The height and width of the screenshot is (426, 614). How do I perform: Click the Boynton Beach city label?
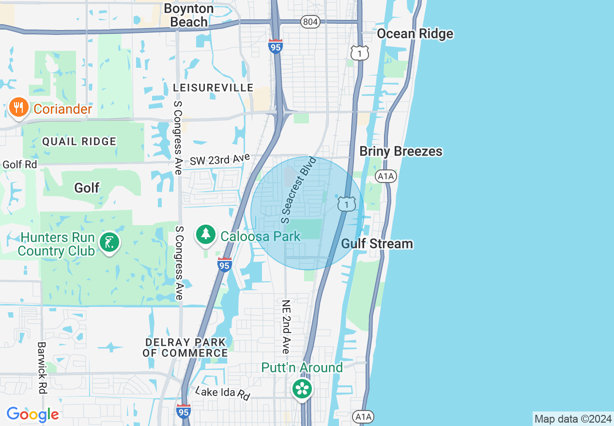click(x=189, y=15)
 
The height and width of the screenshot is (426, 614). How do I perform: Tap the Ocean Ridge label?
click(x=415, y=33)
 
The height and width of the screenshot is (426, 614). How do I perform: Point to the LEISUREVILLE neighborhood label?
click(x=213, y=88)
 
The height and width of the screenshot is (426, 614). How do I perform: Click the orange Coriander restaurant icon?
click(x=18, y=107)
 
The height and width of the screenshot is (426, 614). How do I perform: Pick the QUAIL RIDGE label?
click(x=79, y=141)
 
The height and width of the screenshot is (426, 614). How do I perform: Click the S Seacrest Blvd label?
click(x=298, y=190)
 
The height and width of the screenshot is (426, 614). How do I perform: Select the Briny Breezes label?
click(x=401, y=152)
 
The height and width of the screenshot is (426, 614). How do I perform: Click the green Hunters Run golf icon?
click(x=109, y=242)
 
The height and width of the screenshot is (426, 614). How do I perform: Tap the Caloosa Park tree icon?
click(x=206, y=234)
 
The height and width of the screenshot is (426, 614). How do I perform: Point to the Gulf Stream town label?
click(x=377, y=243)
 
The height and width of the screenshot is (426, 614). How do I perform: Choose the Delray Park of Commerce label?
click(x=185, y=348)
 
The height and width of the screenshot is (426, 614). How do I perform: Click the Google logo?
click(x=32, y=414)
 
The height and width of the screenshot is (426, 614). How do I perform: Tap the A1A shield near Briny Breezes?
click(x=386, y=176)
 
